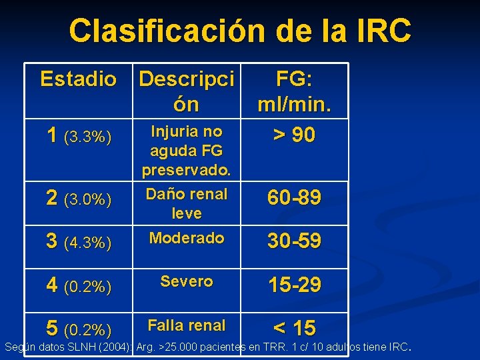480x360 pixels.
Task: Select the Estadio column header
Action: (x=78, y=79)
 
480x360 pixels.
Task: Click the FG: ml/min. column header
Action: (x=295, y=91)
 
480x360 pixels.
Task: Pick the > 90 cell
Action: (x=295, y=135)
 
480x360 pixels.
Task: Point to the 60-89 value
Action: (x=295, y=197)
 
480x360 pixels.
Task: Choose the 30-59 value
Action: (x=295, y=241)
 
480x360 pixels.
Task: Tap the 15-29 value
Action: (x=295, y=285)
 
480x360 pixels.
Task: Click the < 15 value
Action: (x=295, y=328)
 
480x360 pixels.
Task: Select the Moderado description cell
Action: (x=187, y=238)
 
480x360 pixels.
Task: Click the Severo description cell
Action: (x=187, y=281)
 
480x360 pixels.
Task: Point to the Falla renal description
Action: (x=187, y=325)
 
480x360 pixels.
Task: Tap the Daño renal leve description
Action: (x=187, y=203)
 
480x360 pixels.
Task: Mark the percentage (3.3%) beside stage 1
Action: (x=87, y=138)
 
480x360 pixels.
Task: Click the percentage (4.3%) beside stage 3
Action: (x=87, y=243)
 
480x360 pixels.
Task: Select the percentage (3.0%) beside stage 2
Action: (x=87, y=199)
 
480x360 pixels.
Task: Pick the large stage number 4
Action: (x=52, y=285)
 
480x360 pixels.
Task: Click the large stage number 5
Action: (x=52, y=328)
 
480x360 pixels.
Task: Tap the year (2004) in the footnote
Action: (x=109, y=347)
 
